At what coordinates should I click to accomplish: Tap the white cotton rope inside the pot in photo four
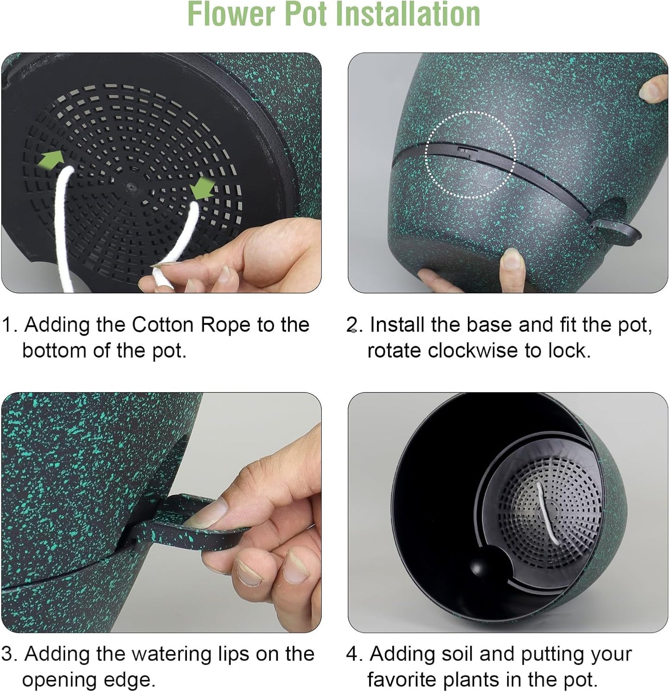coord(542,512)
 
